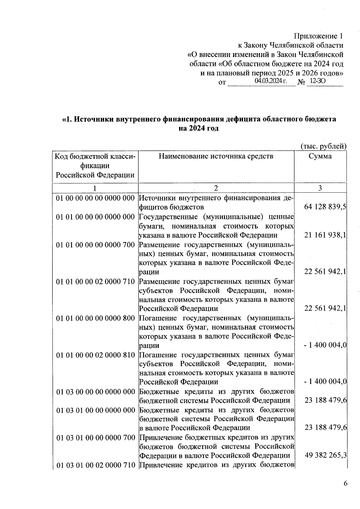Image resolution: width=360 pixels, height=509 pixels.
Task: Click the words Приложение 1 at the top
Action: [318, 36]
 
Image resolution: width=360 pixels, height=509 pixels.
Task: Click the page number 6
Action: [345, 483]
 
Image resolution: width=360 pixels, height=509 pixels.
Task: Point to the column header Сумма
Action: [320, 156]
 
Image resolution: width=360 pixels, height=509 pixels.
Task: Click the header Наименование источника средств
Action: [216, 156]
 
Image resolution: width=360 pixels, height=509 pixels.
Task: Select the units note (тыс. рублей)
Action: [323, 146]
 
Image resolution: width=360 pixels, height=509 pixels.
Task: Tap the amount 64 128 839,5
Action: [325, 207]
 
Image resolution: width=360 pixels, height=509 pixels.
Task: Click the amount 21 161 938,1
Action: [325, 235]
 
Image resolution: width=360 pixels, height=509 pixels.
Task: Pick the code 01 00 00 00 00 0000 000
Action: [95, 198]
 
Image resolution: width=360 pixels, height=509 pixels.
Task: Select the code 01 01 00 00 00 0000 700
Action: [95, 245]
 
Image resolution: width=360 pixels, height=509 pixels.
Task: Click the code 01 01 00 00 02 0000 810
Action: [95, 355]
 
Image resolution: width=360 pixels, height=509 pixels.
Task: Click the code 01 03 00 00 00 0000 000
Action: [95, 392]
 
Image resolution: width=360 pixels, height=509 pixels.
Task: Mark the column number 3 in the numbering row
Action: [320, 188]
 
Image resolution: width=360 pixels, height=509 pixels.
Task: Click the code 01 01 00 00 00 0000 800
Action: [95, 318]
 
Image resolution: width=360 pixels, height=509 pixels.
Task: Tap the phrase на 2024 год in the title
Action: [199, 128]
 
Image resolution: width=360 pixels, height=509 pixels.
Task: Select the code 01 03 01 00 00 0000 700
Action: [95, 438]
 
